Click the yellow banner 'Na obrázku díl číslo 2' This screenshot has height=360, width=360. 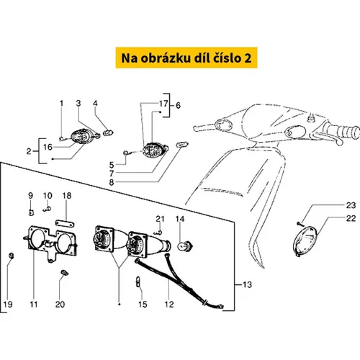pyautogui.click(x=186, y=58)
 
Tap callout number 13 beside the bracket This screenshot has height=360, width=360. pyautogui.click(x=247, y=284)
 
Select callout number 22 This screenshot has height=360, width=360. pyautogui.click(x=351, y=218)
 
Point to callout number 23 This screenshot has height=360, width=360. pyautogui.click(x=351, y=205)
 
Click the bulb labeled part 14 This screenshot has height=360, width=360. pyautogui.click(x=185, y=246)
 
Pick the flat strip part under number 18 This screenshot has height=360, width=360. pyautogui.click(x=65, y=224)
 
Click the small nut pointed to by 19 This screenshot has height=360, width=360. pyautogui.click(x=11, y=256)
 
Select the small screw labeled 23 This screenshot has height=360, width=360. pyautogui.click(x=300, y=224)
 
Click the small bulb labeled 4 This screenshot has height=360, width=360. pyautogui.click(x=108, y=132)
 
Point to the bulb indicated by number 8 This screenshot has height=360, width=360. pyautogui.click(x=182, y=145)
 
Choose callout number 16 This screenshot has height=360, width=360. pyautogui.click(x=48, y=147)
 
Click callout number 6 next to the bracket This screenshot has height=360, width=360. pyautogui.click(x=178, y=105)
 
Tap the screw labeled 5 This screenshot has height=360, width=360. pyautogui.click(x=127, y=153)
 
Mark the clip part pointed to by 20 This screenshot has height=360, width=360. pyautogui.click(x=64, y=272)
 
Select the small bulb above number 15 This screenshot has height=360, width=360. pyautogui.click(x=138, y=282)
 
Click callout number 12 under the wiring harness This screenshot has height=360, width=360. pyautogui.click(x=169, y=305)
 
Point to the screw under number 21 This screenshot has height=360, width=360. pyautogui.click(x=158, y=232)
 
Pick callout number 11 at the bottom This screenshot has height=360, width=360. pyautogui.click(x=34, y=305)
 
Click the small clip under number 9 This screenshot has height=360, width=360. pyautogui.click(x=31, y=212)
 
